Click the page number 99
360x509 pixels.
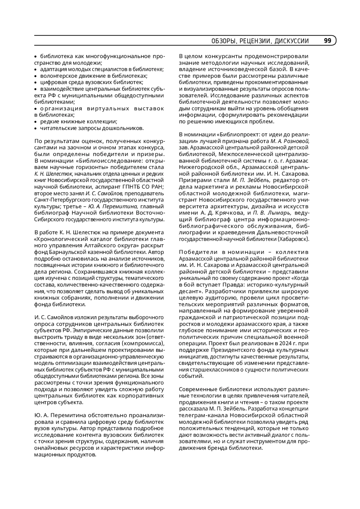pos(328,41)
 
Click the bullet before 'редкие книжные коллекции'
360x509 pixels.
pos(35,122)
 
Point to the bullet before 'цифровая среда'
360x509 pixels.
pos(35,82)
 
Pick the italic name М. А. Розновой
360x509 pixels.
pos(290,141)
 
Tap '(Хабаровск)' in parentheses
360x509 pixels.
pos(293,239)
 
